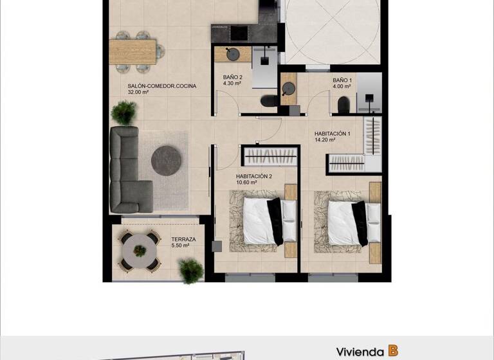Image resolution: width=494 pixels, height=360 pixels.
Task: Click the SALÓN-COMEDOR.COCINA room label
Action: pos(161,86)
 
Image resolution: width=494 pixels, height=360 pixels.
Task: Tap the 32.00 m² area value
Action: pos(138,93)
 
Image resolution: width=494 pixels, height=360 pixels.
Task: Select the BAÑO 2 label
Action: pos(232,76)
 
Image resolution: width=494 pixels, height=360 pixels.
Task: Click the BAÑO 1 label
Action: pos(342,80)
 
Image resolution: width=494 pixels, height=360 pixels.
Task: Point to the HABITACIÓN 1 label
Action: pos(332,134)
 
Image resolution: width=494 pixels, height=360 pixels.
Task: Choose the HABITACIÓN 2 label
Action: pos(253,176)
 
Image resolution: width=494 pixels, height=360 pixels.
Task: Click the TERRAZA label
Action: pos(183,239)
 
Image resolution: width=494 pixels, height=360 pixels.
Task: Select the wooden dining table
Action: pos(133,51)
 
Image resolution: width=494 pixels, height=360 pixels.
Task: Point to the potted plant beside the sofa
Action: pos(123,113)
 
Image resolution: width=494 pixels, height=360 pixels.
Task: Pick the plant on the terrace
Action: pos(191,271)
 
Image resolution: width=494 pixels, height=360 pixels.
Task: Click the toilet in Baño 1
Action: pos(343,104)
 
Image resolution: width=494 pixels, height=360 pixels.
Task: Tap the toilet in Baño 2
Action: pos(268,102)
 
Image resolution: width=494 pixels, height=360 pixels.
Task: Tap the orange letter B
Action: pos(392,351)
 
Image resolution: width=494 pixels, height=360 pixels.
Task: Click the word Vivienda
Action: pos(360,352)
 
